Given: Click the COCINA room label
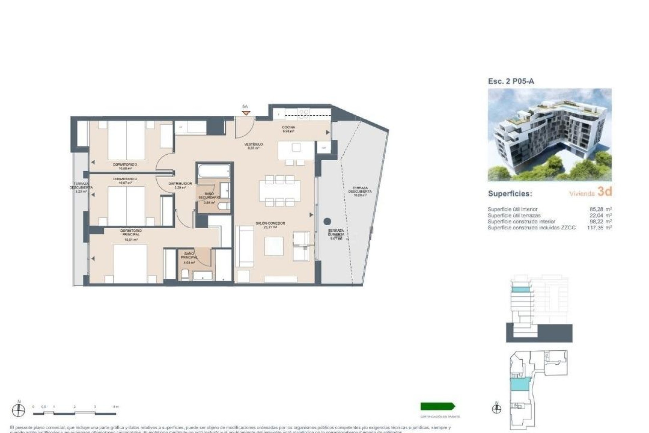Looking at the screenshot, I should pos(288,128).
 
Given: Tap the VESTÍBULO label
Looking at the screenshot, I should pos(254,144).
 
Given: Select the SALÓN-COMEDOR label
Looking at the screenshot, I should pos(270,223).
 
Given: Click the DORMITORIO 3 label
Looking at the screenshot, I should pos(125,164).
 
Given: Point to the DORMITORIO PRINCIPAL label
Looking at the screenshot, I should pos(131,232).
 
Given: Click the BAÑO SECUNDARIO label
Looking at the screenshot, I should pos(209,196).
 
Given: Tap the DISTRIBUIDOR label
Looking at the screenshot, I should pos(180,184).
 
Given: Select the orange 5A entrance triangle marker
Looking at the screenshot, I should pos(246,113).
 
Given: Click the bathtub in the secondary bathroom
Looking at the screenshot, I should pos(214,171).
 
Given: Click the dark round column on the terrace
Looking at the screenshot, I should pos(327,222).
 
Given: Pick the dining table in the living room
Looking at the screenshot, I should pos(280,191).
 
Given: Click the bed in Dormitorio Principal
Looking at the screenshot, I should pos(130,260).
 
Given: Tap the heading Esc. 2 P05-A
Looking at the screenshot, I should pos(511,81).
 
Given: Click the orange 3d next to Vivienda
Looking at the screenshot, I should pos(604,191).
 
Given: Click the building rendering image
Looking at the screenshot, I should pos(550,135).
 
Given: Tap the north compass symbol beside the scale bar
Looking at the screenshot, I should pos(19,410).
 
